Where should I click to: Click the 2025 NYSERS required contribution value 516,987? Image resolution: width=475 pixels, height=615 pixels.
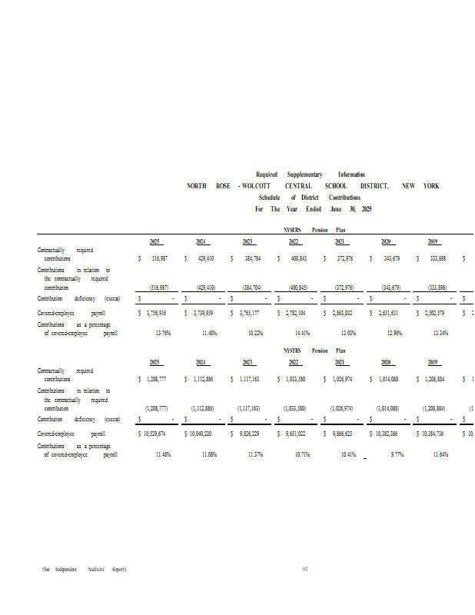click(x=158, y=259)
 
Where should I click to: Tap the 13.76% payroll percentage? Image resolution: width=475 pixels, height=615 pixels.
click(x=163, y=333)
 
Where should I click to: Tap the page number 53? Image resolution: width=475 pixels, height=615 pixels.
click(x=305, y=569)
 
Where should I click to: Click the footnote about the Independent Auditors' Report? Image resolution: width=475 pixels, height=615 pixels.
click(x=85, y=569)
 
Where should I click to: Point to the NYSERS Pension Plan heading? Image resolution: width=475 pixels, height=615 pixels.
click(x=314, y=230)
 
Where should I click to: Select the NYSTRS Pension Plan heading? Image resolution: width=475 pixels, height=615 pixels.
click(x=314, y=351)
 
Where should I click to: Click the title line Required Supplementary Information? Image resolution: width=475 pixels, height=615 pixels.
click(x=311, y=175)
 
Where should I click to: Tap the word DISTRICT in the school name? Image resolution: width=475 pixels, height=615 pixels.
click(x=374, y=186)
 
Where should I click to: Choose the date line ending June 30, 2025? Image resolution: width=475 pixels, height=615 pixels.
click(x=313, y=209)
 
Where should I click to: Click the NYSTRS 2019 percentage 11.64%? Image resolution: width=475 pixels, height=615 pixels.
click(x=440, y=454)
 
